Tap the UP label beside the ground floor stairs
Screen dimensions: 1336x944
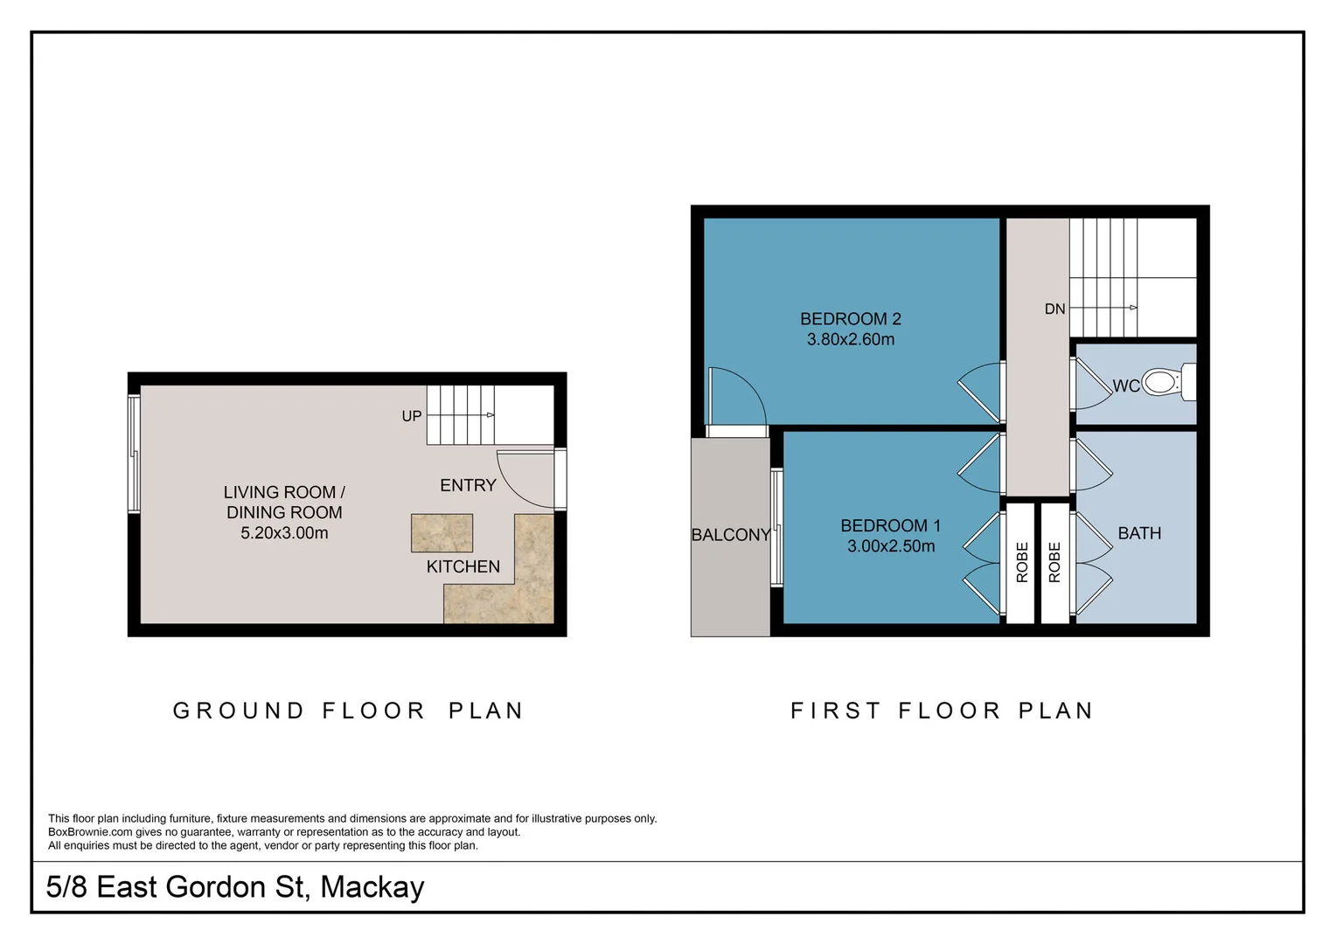412,416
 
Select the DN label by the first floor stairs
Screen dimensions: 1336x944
1055,309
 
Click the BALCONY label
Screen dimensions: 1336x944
731,535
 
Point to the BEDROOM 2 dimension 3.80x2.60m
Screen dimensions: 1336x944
851,339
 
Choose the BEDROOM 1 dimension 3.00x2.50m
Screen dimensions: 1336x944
891,546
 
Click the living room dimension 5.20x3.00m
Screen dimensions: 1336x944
284,532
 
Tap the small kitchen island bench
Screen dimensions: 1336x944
442,533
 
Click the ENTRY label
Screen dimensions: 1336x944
468,485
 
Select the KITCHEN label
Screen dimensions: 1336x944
463,566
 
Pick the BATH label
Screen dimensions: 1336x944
1140,533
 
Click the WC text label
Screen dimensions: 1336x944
1126,386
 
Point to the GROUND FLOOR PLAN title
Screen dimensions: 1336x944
348,711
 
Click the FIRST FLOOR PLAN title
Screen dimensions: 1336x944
942,711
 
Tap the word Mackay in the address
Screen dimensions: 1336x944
372,887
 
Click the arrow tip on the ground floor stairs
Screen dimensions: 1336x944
492,415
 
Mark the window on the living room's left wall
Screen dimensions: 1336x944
134,454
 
